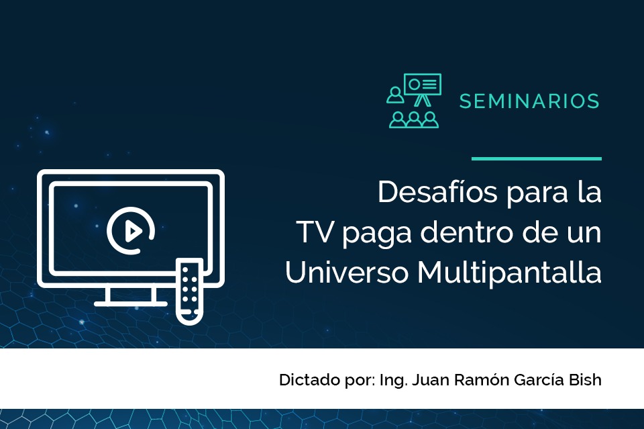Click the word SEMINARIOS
[529, 101]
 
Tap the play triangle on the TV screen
[132, 231]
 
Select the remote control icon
[189, 291]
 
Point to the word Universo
[347, 273]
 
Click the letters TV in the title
[315, 232]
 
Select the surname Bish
[585, 380]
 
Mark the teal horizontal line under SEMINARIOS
[537, 158]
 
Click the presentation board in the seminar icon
[422, 84]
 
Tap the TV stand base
[131, 303]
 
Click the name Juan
[431, 380]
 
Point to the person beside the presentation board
[395, 95]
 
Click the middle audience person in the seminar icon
[414, 120]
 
